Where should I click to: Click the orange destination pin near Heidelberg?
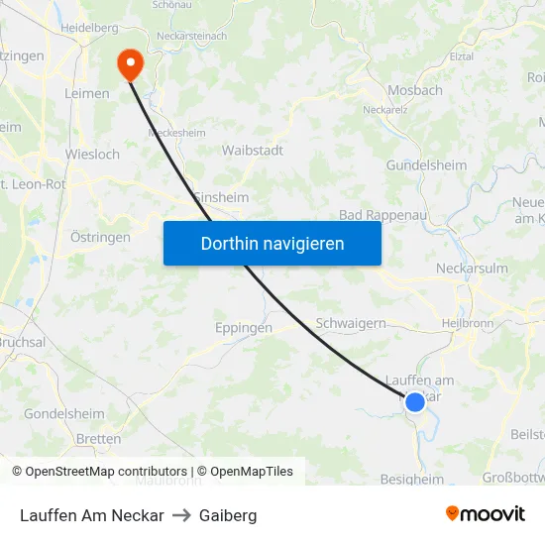(130, 64)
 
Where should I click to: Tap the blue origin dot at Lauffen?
(415, 401)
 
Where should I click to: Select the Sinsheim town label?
(220, 197)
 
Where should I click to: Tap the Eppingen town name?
(244, 328)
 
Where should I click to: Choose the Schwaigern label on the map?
(350, 323)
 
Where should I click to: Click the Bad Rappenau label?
(381, 214)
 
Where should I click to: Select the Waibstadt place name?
(252, 151)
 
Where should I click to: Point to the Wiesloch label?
(92, 155)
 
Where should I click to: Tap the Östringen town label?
(100, 238)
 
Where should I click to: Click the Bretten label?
(98, 439)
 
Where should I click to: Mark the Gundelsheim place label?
(426, 165)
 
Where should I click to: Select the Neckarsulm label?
(472, 269)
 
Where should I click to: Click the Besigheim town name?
(412, 480)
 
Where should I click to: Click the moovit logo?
(486, 514)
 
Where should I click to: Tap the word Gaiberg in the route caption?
(228, 515)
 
